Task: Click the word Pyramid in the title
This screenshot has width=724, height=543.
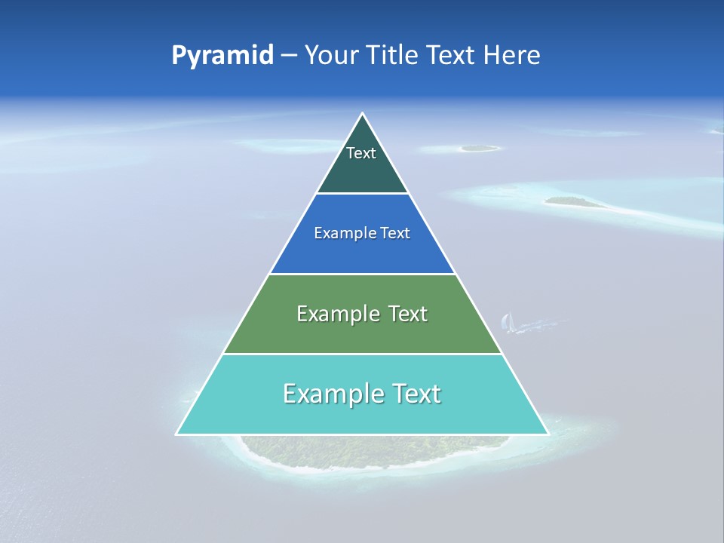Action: pos(222,55)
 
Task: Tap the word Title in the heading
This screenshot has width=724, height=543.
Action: pos(394,55)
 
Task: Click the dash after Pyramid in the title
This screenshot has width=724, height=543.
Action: pos(289,56)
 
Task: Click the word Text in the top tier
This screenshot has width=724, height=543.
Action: pos(361,153)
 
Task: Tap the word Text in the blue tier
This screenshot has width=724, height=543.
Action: pos(395,234)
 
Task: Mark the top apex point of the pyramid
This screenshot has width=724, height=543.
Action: pos(363,113)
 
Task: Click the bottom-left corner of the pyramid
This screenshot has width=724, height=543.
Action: pos(176,434)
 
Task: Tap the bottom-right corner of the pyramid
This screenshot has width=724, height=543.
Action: pos(548,434)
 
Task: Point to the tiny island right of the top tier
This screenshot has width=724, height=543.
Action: pos(480,148)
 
